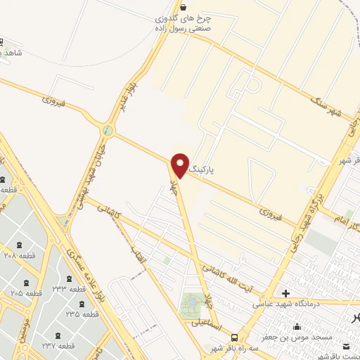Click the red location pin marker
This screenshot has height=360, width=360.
180,165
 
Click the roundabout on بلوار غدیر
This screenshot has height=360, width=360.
107,130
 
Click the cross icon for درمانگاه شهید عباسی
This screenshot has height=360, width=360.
285,292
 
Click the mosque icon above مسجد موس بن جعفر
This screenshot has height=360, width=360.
296,326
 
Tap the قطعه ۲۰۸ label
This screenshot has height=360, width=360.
19,257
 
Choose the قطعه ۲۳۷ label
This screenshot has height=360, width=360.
58,346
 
